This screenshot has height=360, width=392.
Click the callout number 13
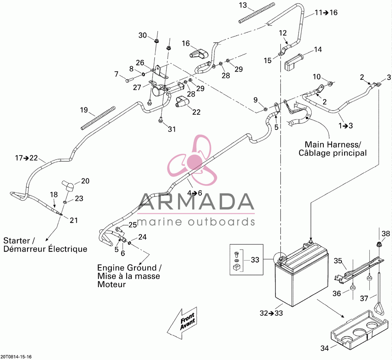243,5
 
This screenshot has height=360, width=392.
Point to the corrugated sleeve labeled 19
98,118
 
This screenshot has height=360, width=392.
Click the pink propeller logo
192,160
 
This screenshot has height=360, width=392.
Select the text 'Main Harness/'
333,145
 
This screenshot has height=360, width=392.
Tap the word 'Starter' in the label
16,241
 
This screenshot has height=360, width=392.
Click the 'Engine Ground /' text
129,268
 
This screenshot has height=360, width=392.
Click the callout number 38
386,233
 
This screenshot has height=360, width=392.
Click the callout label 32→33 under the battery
271,313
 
